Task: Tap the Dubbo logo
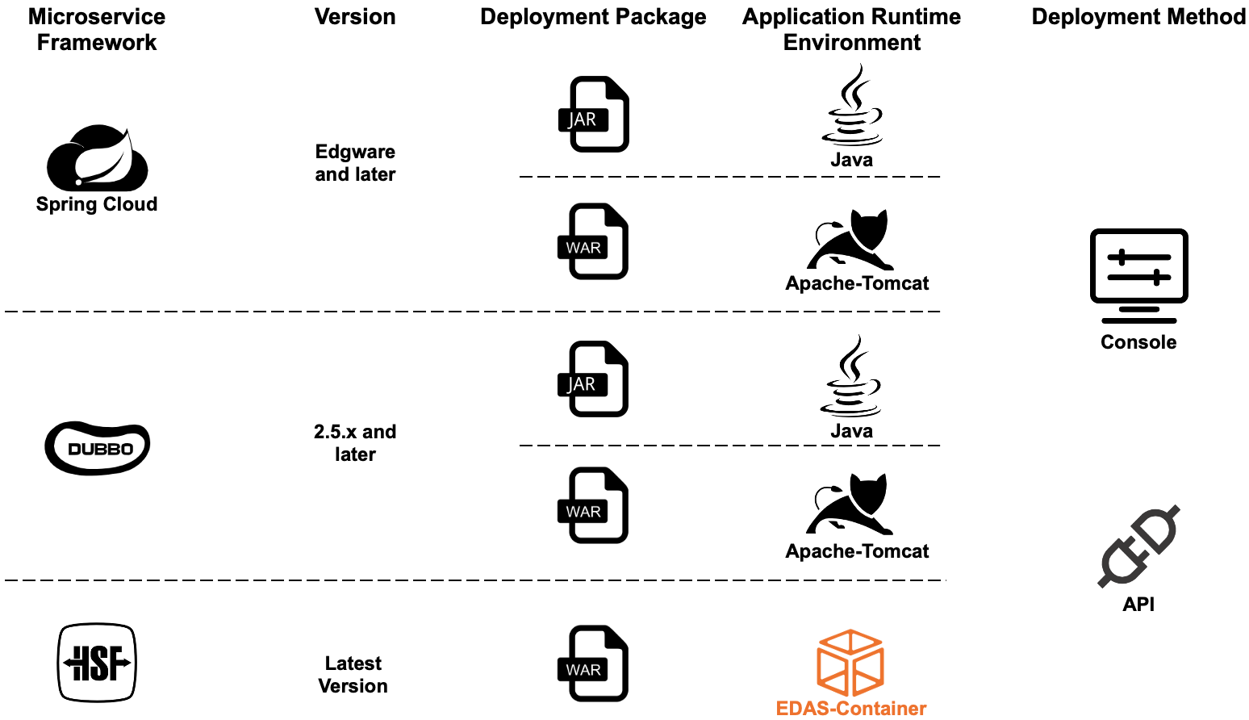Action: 98,448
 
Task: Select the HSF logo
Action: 97,663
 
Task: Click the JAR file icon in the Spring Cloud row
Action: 595,114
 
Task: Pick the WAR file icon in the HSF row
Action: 594,663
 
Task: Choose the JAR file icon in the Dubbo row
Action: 594,379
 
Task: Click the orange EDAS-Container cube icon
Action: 850,663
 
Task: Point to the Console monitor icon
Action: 1138,275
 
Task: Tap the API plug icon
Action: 1138,546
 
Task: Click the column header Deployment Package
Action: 593,17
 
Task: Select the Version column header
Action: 355,17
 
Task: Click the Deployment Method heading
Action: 1138,17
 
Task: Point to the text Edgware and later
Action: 355,163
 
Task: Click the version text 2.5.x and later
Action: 355,443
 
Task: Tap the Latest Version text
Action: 353,675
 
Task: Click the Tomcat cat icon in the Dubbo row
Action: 850,504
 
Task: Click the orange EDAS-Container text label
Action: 850,709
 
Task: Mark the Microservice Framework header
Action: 97,30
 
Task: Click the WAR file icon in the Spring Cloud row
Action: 594,241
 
